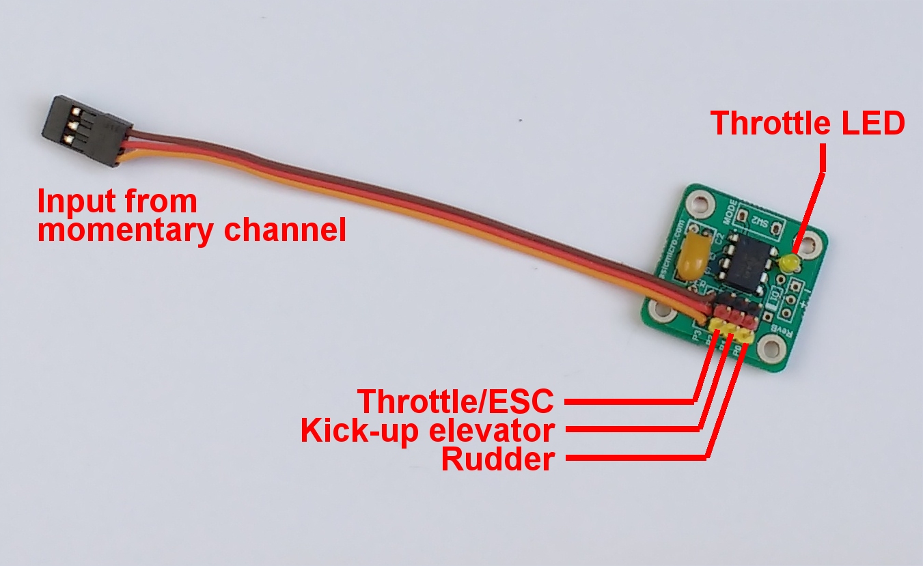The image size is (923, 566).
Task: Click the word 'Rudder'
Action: coord(497,459)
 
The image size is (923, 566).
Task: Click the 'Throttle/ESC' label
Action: coord(456,401)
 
